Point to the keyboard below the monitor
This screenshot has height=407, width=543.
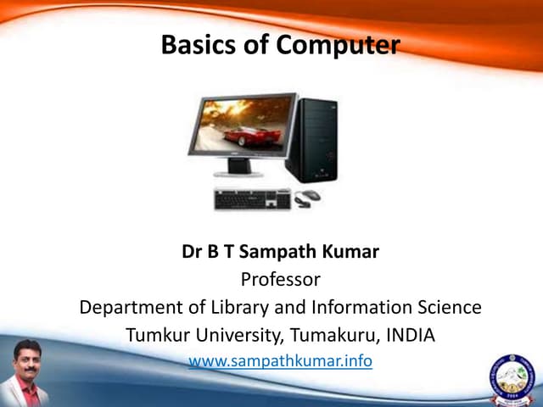(x=252, y=200)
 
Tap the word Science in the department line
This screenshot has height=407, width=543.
(x=445, y=306)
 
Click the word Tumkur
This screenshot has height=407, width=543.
(x=161, y=334)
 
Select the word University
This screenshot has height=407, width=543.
(x=243, y=334)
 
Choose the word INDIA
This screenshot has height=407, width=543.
(x=411, y=334)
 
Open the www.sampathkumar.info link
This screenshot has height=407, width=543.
(x=280, y=361)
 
